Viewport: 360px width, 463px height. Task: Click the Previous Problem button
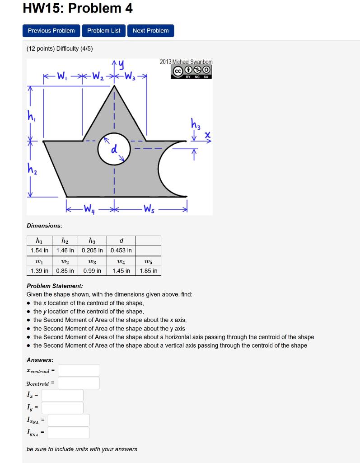(x=51, y=31)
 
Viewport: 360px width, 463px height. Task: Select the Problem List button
(x=104, y=31)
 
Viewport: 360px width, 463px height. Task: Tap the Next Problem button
(x=150, y=31)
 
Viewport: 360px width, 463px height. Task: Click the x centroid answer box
(x=79, y=371)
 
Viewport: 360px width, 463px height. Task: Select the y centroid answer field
(x=79, y=383)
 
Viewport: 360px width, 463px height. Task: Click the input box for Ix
(x=62, y=396)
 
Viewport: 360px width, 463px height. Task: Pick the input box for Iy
(x=62, y=408)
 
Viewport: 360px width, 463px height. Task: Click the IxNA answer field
(x=69, y=420)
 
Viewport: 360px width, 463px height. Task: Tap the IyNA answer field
(x=68, y=433)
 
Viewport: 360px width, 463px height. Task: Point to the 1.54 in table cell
(x=39, y=250)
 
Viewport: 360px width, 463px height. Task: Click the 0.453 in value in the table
(x=121, y=250)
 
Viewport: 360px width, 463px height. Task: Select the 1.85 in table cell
(x=148, y=271)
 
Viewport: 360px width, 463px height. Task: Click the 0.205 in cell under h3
(x=92, y=250)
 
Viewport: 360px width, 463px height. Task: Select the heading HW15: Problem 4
(x=78, y=9)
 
